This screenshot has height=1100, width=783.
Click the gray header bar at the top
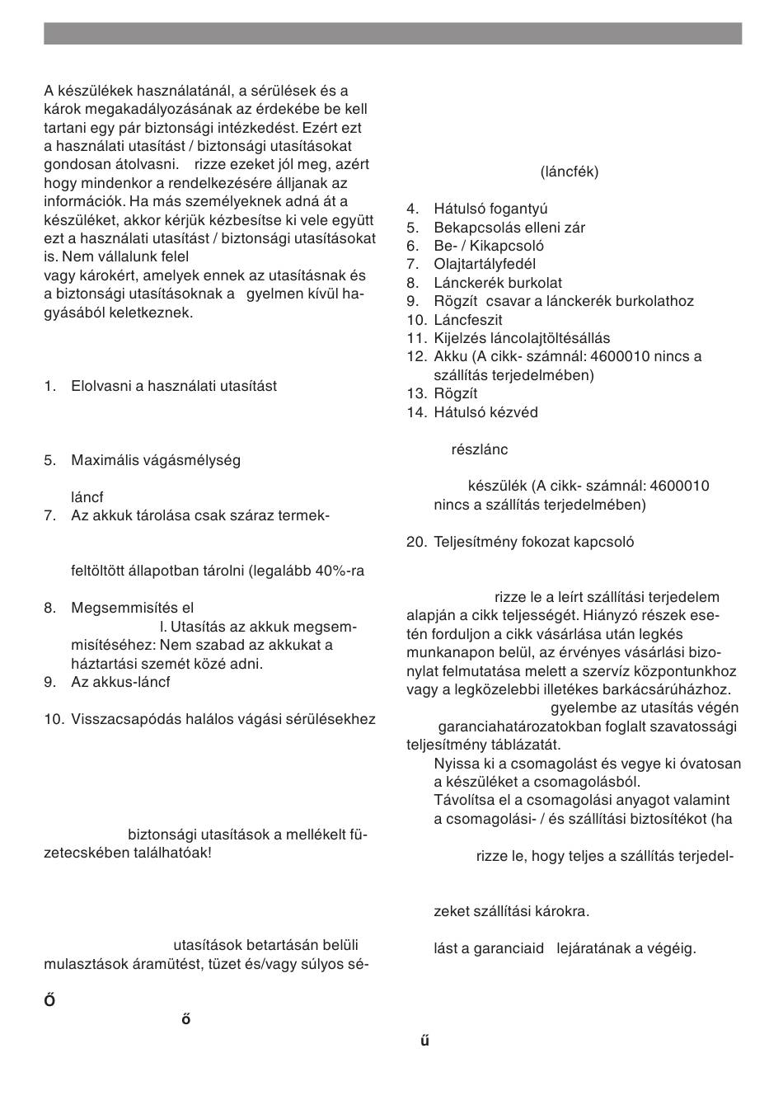[392, 33]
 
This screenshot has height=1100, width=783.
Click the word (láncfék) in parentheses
[570, 172]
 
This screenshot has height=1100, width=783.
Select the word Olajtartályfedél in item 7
[485, 264]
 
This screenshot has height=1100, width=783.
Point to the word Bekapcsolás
[474, 228]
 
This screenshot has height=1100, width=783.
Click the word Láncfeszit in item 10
[468, 320]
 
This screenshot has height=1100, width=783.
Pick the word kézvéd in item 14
[514, 412]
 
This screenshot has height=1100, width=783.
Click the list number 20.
[416, 543]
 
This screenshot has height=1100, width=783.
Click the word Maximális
[105, 460]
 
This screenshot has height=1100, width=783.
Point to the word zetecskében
[84, 853]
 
